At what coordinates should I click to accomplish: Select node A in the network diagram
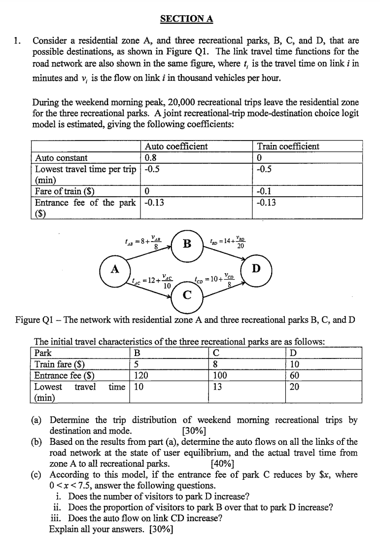coord(115,270)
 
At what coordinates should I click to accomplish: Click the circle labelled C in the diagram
coord(187,295)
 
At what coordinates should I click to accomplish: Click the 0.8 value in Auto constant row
coord(150,158)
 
